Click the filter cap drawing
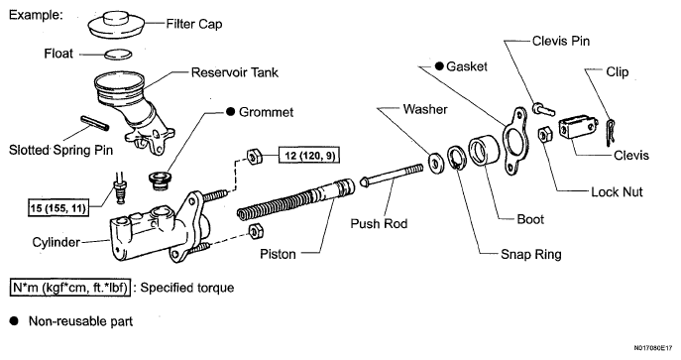(117, 26)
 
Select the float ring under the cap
(118, 55)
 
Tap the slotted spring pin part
(95, 123)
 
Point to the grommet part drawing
(161, 180)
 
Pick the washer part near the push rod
(435, 162)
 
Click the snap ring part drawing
(456, 159)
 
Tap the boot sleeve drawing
(484, 150)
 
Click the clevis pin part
(543, 109)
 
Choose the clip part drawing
(611, 133)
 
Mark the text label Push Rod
(379, 224)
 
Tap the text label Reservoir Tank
(235, 72)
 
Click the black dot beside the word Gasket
(439, 66)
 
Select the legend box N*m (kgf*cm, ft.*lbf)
(70, 288)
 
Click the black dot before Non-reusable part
(14, 321)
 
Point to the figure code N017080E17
(654, 348)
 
